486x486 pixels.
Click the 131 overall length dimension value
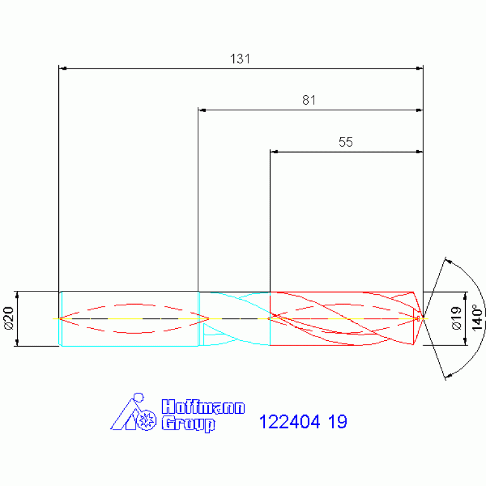tap(240, 58)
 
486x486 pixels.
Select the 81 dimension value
tap(309, 100)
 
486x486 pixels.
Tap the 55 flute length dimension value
tap(345, 142)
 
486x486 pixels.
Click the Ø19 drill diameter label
tap(456, 318)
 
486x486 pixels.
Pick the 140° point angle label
tap(477, 317)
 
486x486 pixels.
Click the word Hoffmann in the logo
tap(203, 407)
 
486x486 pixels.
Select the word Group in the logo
tap(188, 424)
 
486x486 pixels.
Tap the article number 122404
tap(289, 422)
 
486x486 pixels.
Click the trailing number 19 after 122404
tap(338, 422)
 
